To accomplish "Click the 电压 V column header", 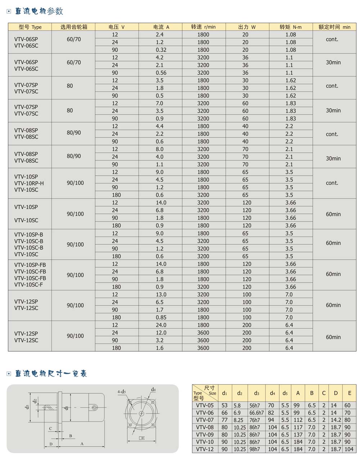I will tap(117, 27).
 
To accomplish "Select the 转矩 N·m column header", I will tap(291, 27).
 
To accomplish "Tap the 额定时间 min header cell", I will tap(334, 27).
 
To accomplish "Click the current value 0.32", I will tap(160, 50).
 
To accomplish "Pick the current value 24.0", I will tap(160, 325).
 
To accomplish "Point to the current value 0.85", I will tap(160, 317).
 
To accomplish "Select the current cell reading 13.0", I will tap(160, 294).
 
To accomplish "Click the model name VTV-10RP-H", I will tap(29, 183).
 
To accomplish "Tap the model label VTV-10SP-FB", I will tap(30, 265).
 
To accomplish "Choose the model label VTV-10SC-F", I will tap(29, 285).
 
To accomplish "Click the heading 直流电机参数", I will tap(39, 12).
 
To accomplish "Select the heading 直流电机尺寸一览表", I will tap(51, 374).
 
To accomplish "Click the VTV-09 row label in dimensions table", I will tap(205, 434).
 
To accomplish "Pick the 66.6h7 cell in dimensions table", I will tap(256, 413).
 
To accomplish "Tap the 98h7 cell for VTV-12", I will tap(255, 449).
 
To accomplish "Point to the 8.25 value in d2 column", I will tap(238, 420).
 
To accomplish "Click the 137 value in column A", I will tap(298, 434).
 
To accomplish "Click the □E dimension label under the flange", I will tap(141, 438).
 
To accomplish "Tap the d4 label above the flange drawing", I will tap(153, 389).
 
